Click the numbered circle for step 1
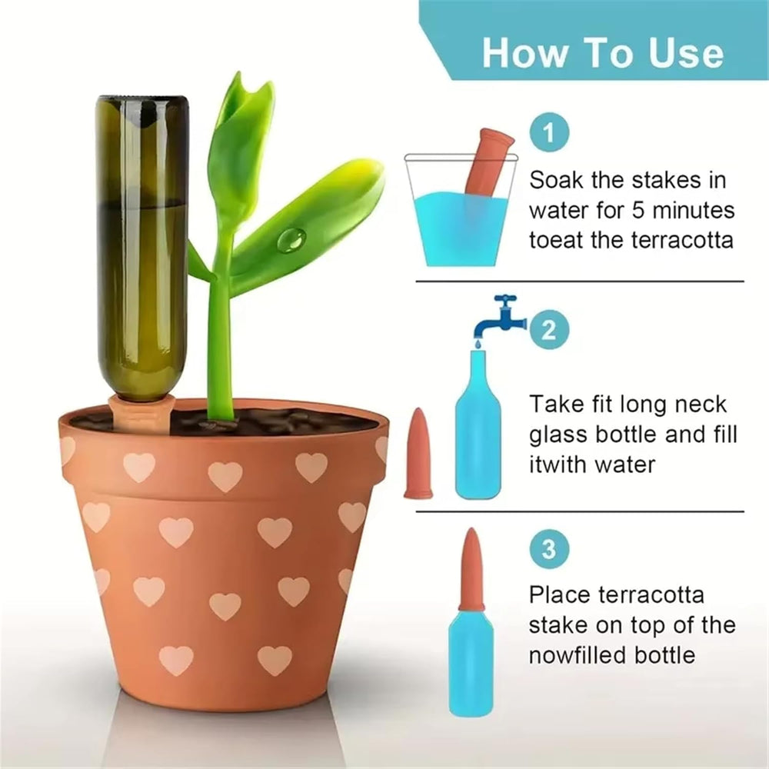point(549,132)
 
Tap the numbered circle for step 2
point(549,329)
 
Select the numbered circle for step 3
point(549,549)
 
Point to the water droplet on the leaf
point(291,239)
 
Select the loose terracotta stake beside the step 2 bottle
point(418,454)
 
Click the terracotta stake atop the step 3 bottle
point(472,570)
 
